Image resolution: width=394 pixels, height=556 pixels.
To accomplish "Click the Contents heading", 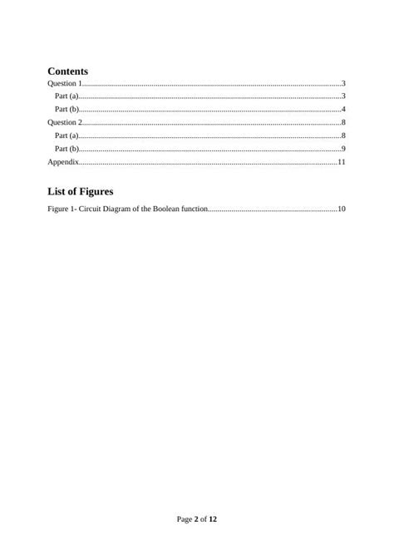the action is [68, 71].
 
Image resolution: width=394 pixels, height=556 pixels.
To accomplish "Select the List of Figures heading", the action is [81, 191].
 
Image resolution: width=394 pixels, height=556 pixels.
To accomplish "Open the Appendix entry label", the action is [63, 161].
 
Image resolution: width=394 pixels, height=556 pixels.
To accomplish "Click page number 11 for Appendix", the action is [341, 161].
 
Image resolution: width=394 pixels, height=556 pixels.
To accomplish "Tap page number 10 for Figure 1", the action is [341, 209].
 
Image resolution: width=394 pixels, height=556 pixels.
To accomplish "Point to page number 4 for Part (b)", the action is [343, 110].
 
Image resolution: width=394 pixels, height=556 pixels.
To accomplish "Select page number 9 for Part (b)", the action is [343, 148].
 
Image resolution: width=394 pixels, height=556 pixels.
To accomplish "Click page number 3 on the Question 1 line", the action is [343, 84].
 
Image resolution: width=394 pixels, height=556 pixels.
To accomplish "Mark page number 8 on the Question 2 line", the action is [343, 122].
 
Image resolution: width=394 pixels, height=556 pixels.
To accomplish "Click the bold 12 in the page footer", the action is [213, 519].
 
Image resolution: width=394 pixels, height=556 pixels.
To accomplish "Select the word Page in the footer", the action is [185, 519].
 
